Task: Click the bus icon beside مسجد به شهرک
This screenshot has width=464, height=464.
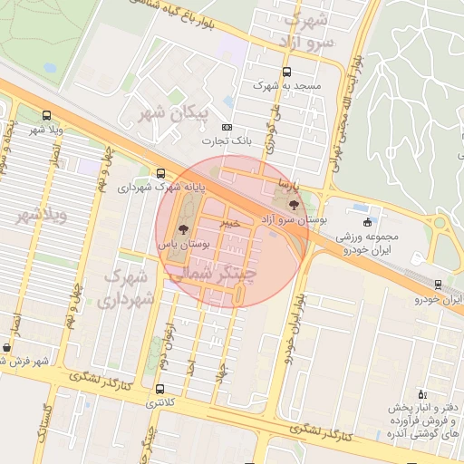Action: pyautogui.click(x=287, y=72)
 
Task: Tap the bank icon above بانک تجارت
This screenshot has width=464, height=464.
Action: pyautogui.click(x=226, y=128)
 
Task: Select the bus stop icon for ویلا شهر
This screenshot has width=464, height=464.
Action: pyautogui.click(x=46, y=116)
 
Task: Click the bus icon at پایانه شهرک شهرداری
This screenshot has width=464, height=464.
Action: pyautogui.click(x=160, y=173)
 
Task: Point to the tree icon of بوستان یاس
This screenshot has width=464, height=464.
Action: pyautogui.click(x=184, y=229)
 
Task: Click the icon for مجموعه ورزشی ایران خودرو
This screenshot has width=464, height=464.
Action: pyautogui.click(x=367, y=222)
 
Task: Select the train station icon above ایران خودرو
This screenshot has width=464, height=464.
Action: pyautogui.click(x=439, y=285)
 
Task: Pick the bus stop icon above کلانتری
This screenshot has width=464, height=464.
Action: pyautogui.click(x=160, y=390)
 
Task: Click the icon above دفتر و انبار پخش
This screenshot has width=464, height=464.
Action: pyautogui.click(x=421, y=394)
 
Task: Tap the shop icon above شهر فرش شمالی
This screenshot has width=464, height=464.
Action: pyautogui.click(x=7, y=347)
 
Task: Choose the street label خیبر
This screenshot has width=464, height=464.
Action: pyautogui.click(x=233, y=220)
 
